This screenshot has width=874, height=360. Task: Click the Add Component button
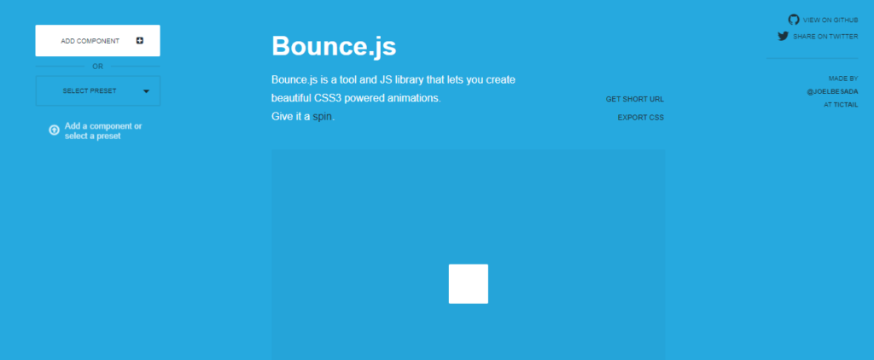click(x=97, y=41)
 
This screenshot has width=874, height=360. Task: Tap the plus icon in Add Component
click(x=139, y=41)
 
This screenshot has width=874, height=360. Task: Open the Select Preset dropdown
click(x=97, y=90)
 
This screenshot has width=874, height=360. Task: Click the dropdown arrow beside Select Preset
click(x=146, y=91)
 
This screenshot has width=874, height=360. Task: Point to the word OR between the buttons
click(x=97, y=67)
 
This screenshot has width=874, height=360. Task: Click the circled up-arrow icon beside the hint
click(x=54, y=130)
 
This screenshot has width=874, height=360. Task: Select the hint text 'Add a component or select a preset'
click(x=103, y=131)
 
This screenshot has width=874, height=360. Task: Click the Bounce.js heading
click(x=334, y=46)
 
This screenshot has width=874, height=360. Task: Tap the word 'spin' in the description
click(x=322, y=117)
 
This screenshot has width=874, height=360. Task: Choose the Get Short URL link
click(x=635, y=99)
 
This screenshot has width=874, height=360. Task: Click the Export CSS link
click(x=640, y=118)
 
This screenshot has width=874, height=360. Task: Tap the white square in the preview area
click(x=469, y=284)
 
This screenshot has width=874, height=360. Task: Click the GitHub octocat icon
click(x=794, y=20)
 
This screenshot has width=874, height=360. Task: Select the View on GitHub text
click(x=830, y=20)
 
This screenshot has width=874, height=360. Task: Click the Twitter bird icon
click(x=784, y=36)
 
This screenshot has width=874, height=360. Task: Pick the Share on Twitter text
click(x=825, y=37)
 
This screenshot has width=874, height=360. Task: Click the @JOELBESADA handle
click(x=833, y=91)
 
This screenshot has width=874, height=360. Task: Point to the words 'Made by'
click(x=843, y=78)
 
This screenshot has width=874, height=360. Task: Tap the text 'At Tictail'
click(x=841, y=105)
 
